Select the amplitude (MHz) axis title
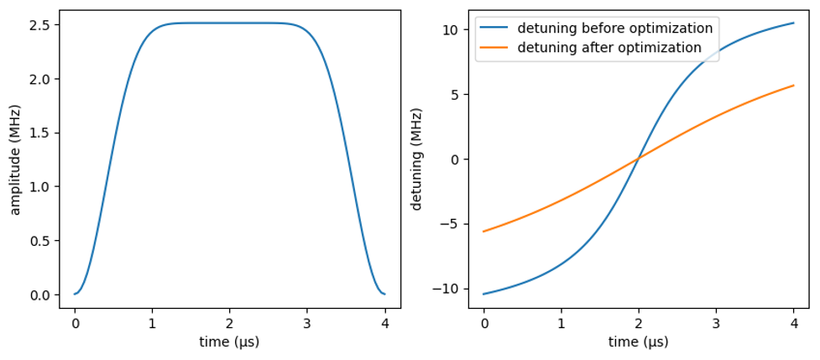pyautogui.click(x=16, y=159)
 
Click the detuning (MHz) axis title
pyautogui.click(x=417, y=159)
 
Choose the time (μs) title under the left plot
pyautogui.click(x=229, y=342)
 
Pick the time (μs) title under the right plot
pyautogui.click(x=638, y=342)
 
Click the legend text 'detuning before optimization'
pyautogui.click(x=614, y=29)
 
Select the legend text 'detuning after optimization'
pyautogui.click(x=609, y=48)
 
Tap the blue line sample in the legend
pyautogui.click(x=494, y=29)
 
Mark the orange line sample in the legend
pyautogui.click(x=494, y=48)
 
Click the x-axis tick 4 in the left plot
pyautogui.click(x=384, y=320)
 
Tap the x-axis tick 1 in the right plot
pyautogui.click(x=561, y=320)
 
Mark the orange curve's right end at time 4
pyautogui.click(x=793, y=86)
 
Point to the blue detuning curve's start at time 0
pyautogui.click(x=484, y=294)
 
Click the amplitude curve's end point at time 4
pyautogui.click(x=384, y=294)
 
